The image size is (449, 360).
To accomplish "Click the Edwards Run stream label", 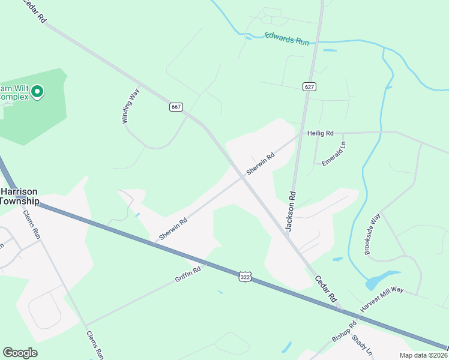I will (287, 39).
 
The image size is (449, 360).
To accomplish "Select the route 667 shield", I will (176, 107).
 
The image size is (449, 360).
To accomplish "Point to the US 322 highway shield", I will (244, 277).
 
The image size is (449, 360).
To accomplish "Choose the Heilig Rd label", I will (320, 133).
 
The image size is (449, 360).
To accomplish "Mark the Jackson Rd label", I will (291, 211).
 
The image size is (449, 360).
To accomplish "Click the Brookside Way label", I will (373, 233).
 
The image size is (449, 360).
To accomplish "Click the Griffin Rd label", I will (188, 275).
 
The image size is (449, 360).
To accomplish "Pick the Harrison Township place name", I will (19, 196).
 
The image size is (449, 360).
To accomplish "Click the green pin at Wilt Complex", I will (37, 92).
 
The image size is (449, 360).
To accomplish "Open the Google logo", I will (20, 353).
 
